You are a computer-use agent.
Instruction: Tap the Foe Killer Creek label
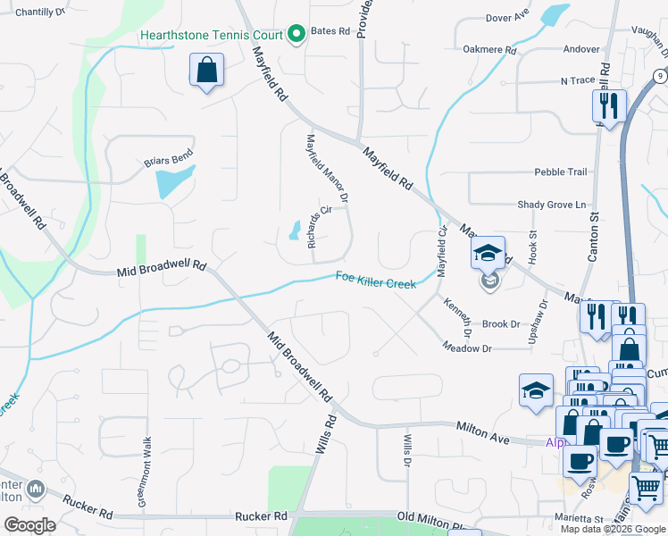pyautogui.click(x=376, y=279)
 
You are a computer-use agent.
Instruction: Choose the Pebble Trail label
pyautogui.click(x=560, y=172)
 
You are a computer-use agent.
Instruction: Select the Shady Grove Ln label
pyautogui.click(x=551, y=205)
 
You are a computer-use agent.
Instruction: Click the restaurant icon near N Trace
pyautogui.click(x=609, y=106)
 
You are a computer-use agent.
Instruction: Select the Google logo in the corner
pyautogui.click(x=29, y=524)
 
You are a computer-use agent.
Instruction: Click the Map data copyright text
pyautogui.click(x=612, y=529)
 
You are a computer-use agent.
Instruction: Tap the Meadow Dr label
pyautogui.click(x=468, y=348)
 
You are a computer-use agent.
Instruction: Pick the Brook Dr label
pyautogui.click(x=501, y=324)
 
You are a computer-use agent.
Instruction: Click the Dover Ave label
pyautogui.click(x=507, y=16)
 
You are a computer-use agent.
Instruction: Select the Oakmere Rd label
pyautogui.click(x=485, y=50)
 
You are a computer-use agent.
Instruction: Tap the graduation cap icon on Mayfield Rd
pyautogui.click(x=488, y=254)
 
